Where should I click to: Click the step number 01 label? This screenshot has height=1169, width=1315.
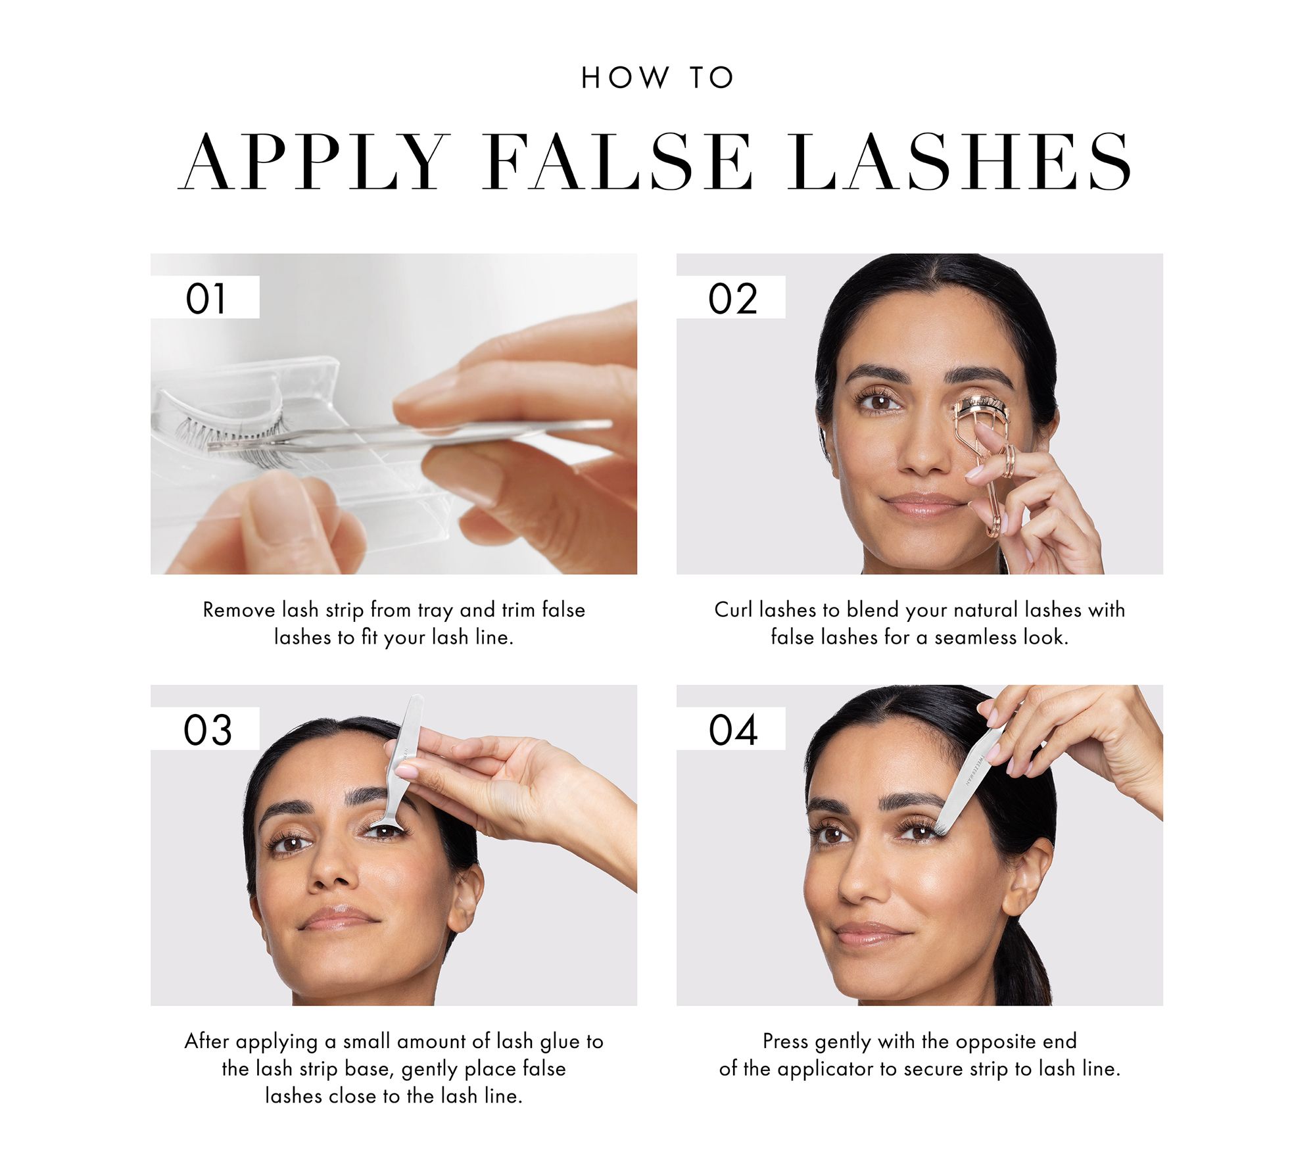[x=206, y=298]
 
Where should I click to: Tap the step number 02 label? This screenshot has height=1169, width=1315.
[x=732, y=298]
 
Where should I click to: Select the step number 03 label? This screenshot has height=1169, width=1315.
[x=208, y=730]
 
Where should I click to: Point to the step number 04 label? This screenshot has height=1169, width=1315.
[x=733, y=730]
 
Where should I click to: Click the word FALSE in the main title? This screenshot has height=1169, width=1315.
[x=618, y=161]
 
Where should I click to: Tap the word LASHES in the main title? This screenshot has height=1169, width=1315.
[x=961, y=161]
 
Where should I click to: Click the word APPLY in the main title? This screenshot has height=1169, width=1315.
[x=314, y=161]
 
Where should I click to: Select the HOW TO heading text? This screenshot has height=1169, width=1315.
[x=657, y=78]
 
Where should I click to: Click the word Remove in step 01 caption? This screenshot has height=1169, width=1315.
[x=239, y=610]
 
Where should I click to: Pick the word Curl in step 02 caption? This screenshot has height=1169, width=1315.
[x=733, y=610]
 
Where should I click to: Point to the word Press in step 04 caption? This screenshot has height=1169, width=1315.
[x=785, y=1041]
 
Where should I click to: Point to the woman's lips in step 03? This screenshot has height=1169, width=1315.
[x=340, y=917]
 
